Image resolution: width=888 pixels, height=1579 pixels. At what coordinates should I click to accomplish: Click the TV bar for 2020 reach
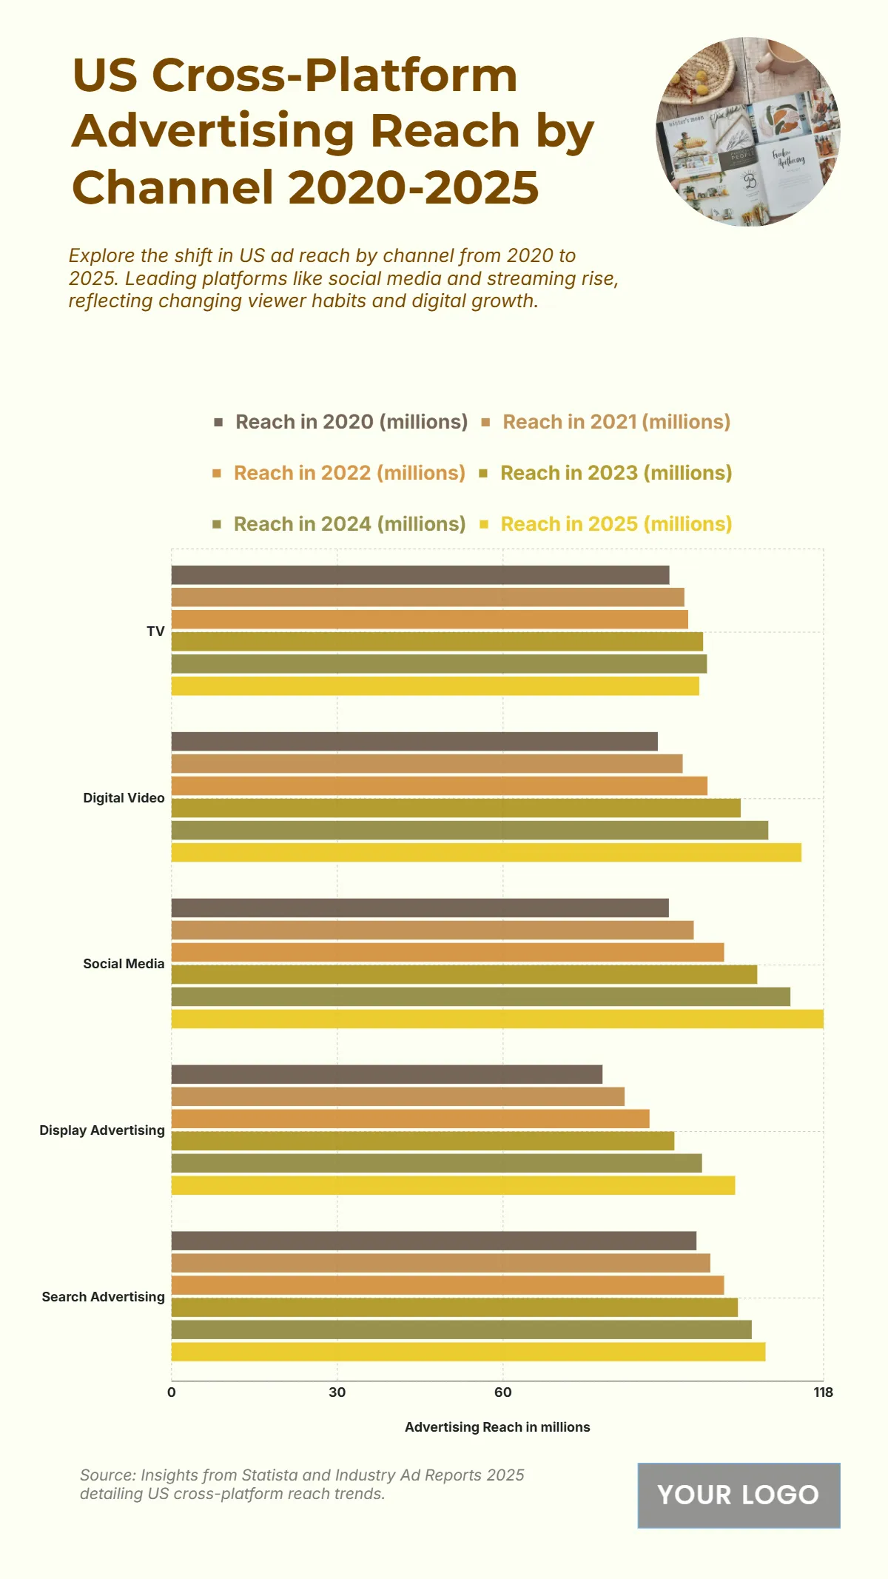click(x=420, y=575)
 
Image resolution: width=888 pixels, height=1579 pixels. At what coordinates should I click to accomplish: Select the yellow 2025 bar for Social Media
click(x=497, y=1019)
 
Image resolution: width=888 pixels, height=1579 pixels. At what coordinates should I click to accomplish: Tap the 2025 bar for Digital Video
click(x=486, y=852)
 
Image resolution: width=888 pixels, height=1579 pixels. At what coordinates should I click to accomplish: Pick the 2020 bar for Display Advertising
click(x=387, y=1074)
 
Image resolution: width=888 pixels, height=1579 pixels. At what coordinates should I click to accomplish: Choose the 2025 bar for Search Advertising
click(x=468, y=1352)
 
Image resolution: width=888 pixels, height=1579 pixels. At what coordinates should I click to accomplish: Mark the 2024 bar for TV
click(x=439, y=664)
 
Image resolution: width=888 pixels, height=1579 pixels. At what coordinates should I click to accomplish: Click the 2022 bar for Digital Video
click(x=440, y=786)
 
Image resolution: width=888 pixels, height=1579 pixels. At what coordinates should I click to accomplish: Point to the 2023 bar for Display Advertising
click(x=423, y=1141)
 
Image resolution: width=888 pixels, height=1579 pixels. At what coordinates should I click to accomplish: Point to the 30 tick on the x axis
click(x=337, y=1392)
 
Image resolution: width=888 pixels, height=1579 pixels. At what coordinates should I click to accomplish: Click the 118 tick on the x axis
click(x=823, y=1392)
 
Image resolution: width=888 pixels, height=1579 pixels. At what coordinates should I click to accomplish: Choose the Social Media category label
click(x=124, y=964)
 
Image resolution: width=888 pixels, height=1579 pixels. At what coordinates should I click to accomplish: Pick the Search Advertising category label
click(x=103, y=1297)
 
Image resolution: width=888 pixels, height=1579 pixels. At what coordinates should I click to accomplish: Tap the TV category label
click(x=155, y=631)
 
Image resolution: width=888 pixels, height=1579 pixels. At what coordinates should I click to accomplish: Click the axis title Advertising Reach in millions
click(x=497, y=1427)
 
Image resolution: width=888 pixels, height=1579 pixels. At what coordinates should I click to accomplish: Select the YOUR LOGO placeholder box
click(x=739, y=1495)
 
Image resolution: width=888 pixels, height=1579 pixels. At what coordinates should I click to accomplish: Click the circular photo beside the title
click(x=748, y=132)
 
